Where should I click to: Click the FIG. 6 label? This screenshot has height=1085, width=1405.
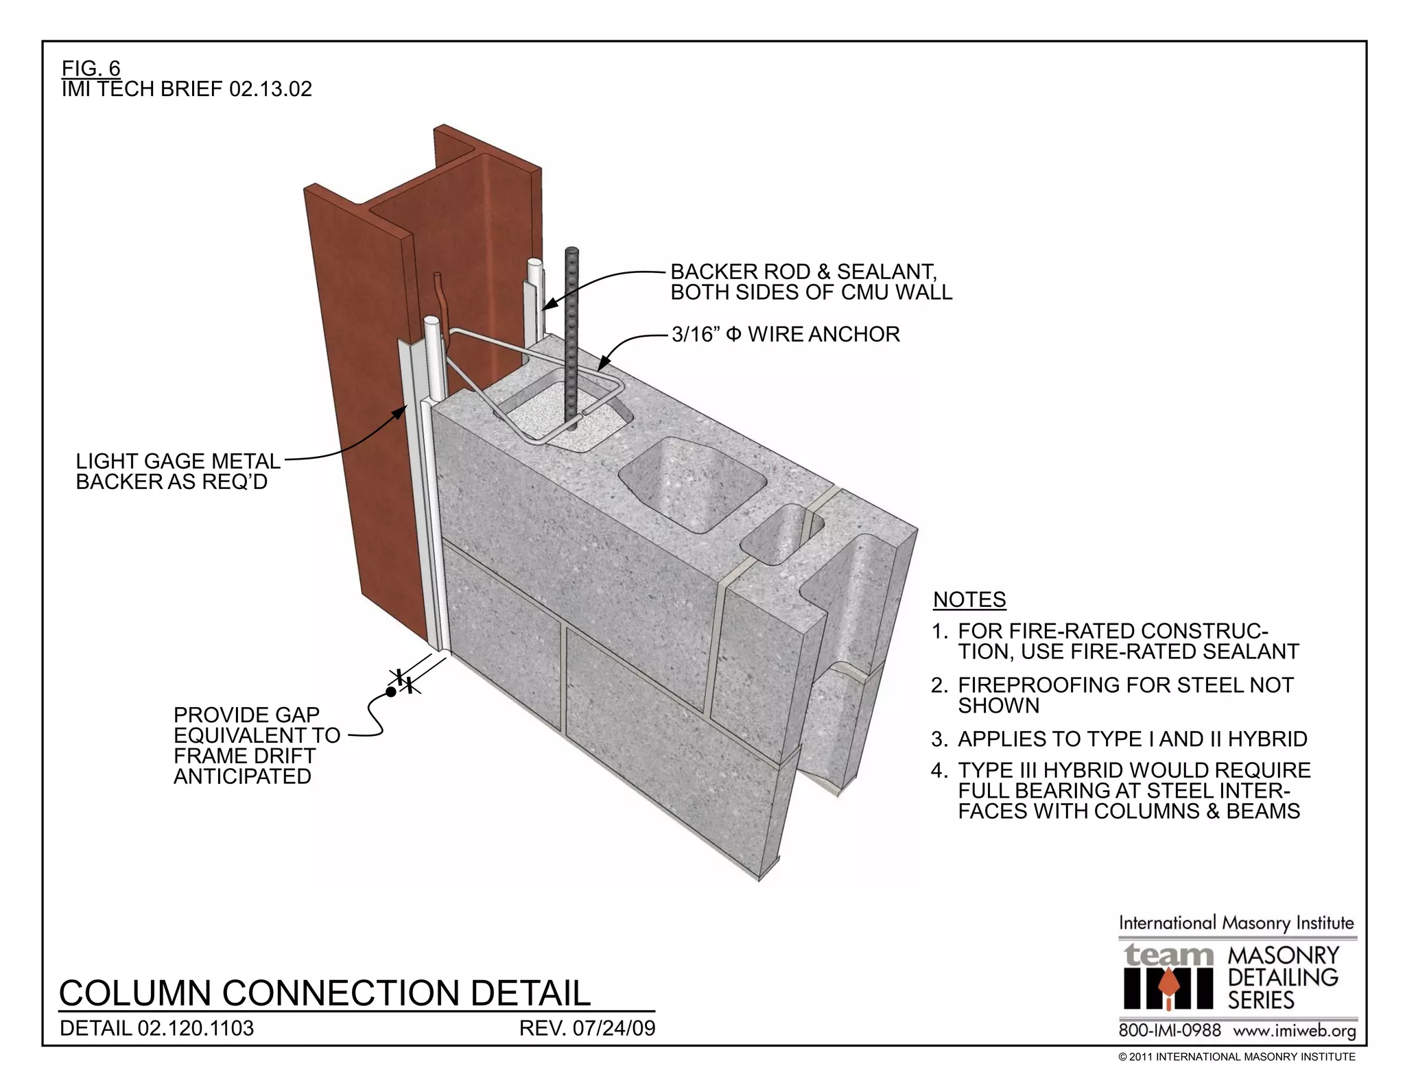pyautogui.click(x=91, y=69)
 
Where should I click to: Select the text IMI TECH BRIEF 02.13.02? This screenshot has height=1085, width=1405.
pyautogui.click(x=187, y=89)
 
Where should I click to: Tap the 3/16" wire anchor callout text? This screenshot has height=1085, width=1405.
pyautogui.click(x=786, y=335)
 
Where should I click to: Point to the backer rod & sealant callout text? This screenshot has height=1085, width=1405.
pyautogui.click(x=811, y=282)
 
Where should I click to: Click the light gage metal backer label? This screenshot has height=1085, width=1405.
pyautogui.click(x=178, y=471)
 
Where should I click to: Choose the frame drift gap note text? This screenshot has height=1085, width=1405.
pyautogui.click(x=256, y=746)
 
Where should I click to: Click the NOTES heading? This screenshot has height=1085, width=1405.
pyautogui.click(x=969, y=599)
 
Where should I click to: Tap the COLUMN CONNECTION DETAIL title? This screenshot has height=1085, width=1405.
pyautogui.click(x=324, y=992)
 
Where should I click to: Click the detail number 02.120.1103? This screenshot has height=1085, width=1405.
pyautogui.click(x=157, y=1029)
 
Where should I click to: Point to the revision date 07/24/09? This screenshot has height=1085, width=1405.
pyautogui.click(x=587, y=1029)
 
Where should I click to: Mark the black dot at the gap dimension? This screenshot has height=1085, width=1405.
pyautogui.click(x=390, y=692)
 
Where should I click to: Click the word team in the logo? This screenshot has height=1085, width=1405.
pyautogui.click(x=1168, y=955)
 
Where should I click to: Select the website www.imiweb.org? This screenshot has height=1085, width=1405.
pyautogui.click(x=1295, y=1031)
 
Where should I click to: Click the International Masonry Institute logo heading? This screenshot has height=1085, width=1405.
pyautogui.click(x=1236, y=923)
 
